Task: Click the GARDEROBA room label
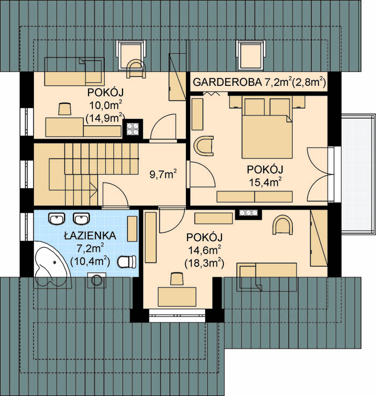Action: point(227,82)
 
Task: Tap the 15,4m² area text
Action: point(265,182)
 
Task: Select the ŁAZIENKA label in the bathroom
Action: point(90,236)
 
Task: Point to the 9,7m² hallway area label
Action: point(163,174)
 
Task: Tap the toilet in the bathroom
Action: point(127,262)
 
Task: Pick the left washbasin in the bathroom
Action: point(56,218)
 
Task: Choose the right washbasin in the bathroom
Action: point(81,218)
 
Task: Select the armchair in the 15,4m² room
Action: point(204,146)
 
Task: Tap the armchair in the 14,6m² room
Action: point(283,225)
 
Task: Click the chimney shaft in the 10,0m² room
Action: point(133,129)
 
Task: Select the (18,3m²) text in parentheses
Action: point(204,264)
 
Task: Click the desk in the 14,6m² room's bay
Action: point(177,297)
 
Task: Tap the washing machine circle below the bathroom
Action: point(97,280)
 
